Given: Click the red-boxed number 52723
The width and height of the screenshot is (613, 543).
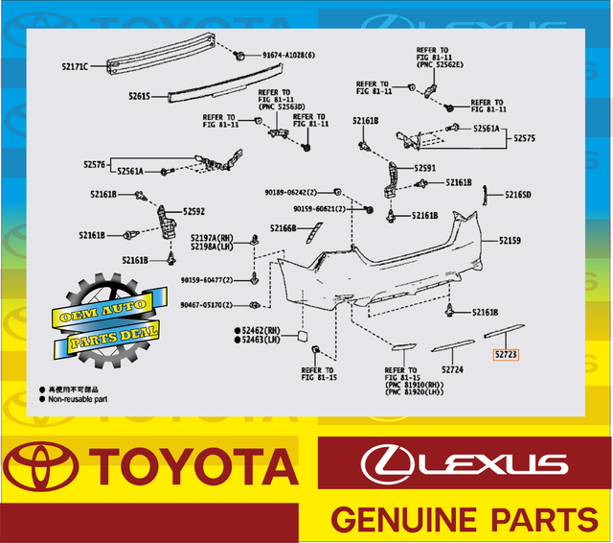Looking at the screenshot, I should tap(506, 355).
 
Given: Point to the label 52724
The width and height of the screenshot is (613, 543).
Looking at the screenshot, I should tap(452, 369).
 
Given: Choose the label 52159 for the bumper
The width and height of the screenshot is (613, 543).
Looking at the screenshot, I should tap(509, 241).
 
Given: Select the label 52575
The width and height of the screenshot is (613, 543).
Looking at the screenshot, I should tap(526, 138).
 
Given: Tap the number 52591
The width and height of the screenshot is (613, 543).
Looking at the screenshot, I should tap(426, 168).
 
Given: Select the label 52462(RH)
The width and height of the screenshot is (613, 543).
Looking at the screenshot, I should tap(258, 329).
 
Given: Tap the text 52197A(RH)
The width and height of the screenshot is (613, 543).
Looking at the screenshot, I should tap(212, 237).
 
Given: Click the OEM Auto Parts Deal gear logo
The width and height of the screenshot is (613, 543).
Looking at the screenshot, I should tap(104, 318).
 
